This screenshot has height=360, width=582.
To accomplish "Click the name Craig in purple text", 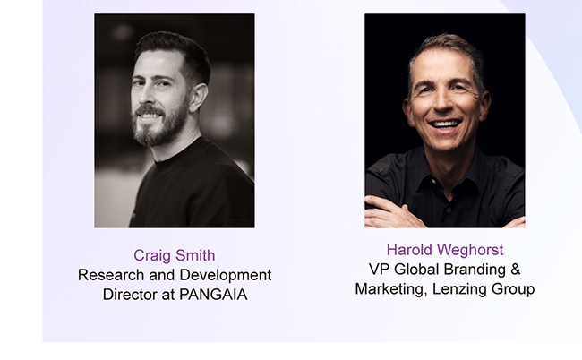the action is (x=152, y=256).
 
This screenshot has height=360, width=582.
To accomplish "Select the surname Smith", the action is (x=195, y=255).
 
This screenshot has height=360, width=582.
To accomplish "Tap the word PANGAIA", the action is (x=213, y=295).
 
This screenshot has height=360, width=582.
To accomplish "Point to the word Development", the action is (x=226, y=276).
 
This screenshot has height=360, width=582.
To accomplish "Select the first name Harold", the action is (x=409, y=250).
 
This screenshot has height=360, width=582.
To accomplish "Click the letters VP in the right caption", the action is (x=379, y=270).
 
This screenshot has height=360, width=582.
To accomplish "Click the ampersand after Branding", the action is (x=515, y=270).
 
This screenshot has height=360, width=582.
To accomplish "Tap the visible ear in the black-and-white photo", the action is (x=198, y=98).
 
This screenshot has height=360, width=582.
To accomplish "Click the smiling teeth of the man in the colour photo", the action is (x=446, y=124).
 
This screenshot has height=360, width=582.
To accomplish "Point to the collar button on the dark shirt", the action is (x=432, y=182).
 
